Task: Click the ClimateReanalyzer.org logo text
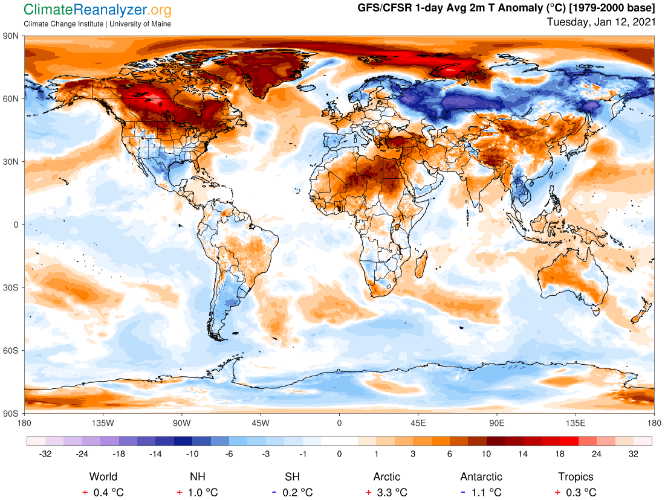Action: (97, 10)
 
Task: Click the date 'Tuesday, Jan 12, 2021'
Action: (600, 22)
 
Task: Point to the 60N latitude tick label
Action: (12, 98)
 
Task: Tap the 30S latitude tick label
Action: (12, 287)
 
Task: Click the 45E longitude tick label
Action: (418, 422)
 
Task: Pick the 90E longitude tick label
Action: (497, 422)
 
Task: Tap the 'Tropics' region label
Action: (576, 476)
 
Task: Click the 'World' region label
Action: (103, 476)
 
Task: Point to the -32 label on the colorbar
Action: (45, 454)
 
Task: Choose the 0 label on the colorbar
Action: (340, 454)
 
